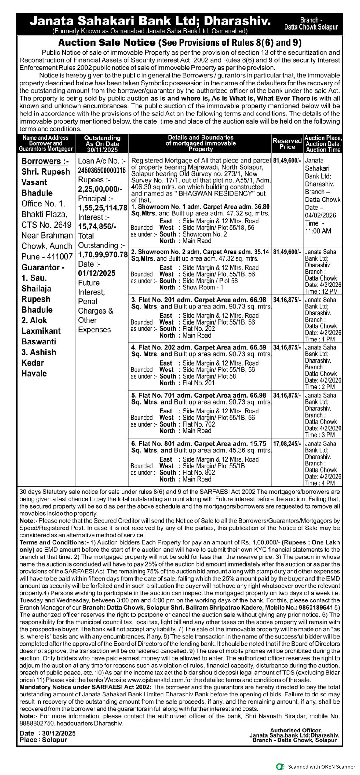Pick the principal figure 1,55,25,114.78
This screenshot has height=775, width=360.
point(103,208)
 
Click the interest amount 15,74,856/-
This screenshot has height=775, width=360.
point(97,227)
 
